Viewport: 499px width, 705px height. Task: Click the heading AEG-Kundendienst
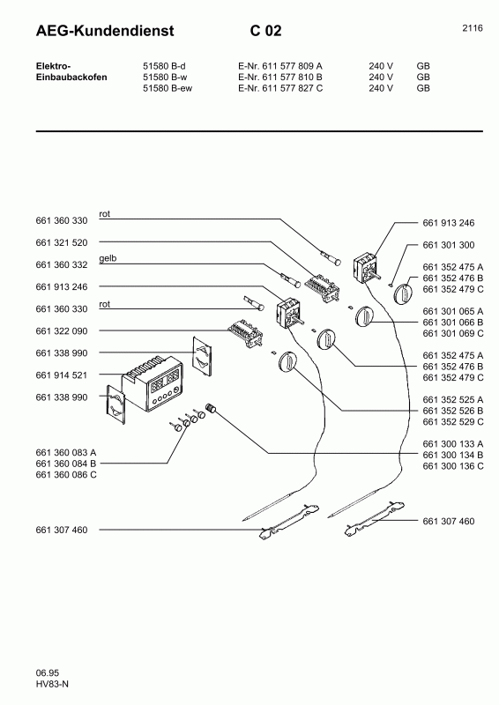[104, 32]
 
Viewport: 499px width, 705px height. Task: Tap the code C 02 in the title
[265, 32]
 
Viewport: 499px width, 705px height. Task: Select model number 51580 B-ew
[168, 88]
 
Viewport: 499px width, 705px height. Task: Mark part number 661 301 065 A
[453, 311]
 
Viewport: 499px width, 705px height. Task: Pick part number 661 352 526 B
[453, 410]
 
